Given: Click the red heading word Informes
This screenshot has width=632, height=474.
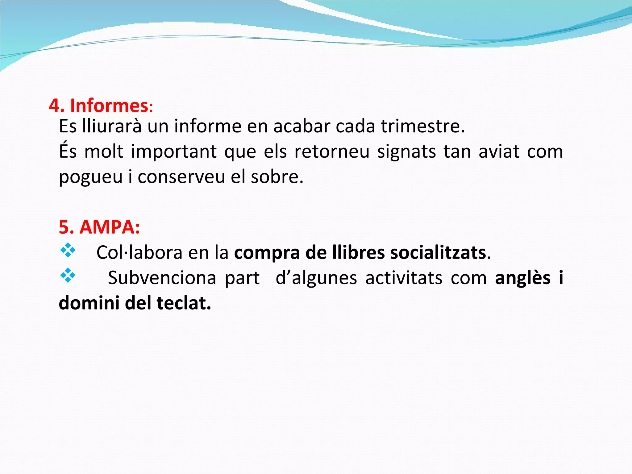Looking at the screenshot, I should click(110, 106).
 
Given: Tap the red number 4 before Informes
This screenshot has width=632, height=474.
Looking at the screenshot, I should click(55, 106).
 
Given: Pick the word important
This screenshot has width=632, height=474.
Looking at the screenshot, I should click(174, 152).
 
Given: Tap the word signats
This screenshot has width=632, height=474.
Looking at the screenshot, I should click(406, 152).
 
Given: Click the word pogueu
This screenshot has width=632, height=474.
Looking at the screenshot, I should click(91, 177).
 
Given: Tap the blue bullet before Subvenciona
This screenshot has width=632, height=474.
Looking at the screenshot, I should click(68, 276).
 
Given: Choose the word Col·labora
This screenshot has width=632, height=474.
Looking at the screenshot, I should click(139, 252).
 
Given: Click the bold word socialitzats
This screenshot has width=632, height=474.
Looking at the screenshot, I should click(438, 252).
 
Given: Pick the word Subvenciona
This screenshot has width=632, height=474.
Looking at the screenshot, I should click(162, 278).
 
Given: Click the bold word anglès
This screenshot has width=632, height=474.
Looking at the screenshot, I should click(523, 278).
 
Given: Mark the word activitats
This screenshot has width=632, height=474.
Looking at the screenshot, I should click(404, 278).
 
